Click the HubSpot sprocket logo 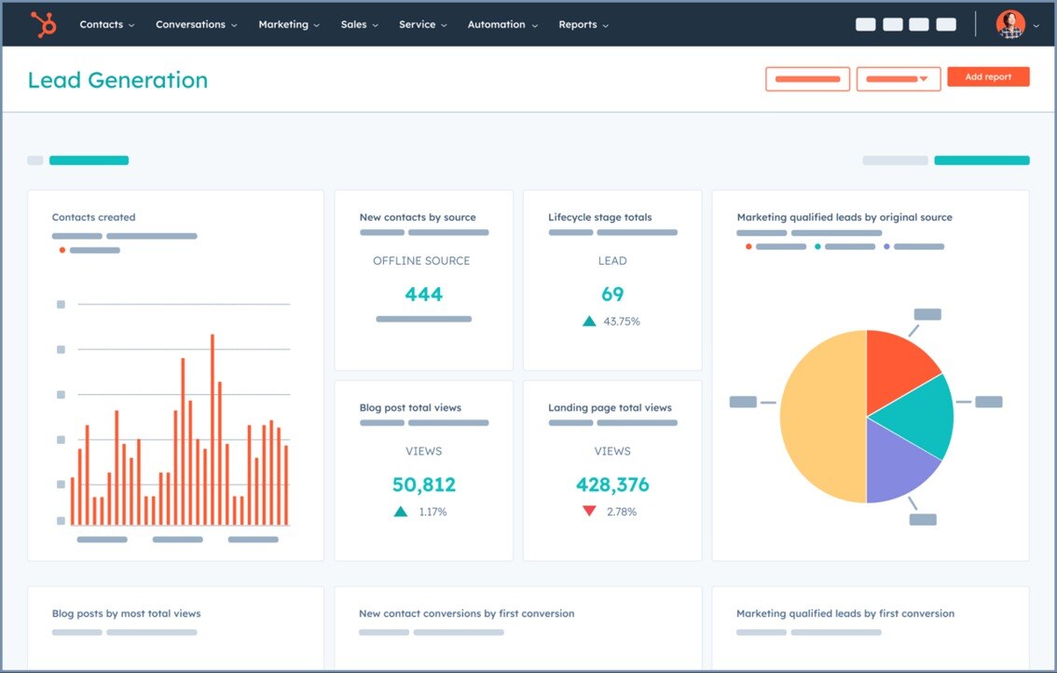(43, 24)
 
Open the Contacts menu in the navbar (106, 24)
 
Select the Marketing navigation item (288, 24)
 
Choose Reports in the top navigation (583, 24)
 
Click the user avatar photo (1010, 24)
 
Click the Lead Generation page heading (117, 80)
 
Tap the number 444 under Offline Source (423, 295)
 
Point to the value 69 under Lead (612, 295)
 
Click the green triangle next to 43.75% (589, 322)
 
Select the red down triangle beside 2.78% (589, 512)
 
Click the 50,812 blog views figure (423, 485)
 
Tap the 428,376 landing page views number (612, 485)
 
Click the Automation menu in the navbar (501, 24)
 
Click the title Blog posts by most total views (126, 613)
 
